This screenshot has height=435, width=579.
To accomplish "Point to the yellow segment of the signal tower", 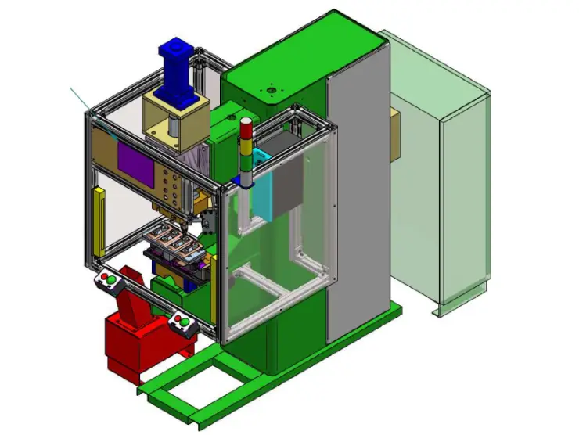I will coord(246,142).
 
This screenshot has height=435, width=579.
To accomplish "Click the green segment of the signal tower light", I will coord(246,155).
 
